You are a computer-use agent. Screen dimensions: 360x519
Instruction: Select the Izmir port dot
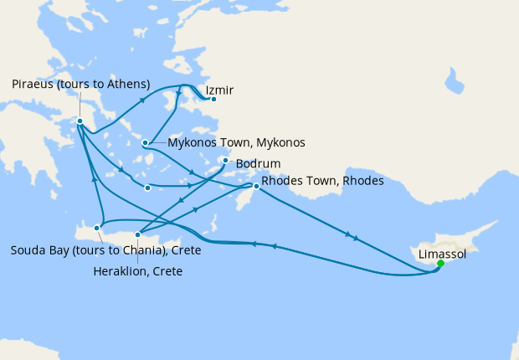coord(213,100)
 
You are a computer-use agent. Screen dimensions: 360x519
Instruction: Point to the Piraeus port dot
coord(80,121)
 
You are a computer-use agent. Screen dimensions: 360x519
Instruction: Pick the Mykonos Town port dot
coord(146,142)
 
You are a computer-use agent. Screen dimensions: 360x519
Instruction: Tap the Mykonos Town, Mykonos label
coord(236,142)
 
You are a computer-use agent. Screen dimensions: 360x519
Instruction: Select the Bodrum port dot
coord(226,161)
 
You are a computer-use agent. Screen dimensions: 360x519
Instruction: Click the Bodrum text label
coord(258,162)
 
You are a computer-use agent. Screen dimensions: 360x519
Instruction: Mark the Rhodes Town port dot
coord(256,187)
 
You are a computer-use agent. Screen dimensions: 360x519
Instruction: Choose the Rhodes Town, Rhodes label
coord(322,181)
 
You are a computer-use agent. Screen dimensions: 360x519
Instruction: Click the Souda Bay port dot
coord(98,227)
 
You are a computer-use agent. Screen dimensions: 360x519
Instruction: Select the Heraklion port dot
coord(138,234)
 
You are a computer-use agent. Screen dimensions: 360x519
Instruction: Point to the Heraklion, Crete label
coord(138,271)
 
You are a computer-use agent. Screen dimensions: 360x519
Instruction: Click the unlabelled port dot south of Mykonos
coord(147,188)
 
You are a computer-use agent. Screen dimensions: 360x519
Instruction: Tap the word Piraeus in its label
coord(34,84)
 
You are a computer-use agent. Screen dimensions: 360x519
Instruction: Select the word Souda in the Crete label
coord(27,250)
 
